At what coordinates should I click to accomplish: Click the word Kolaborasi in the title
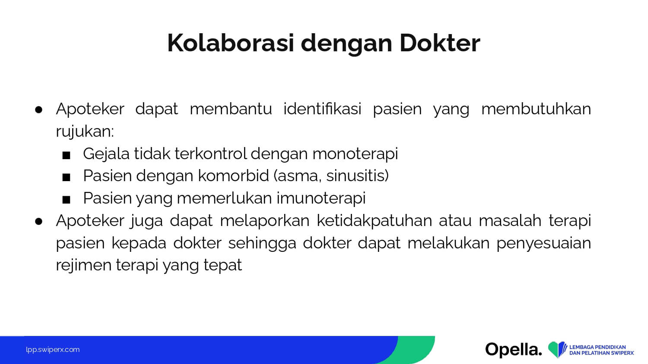(x=231, y=43)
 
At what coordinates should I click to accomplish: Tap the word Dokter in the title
(x=440, y=43)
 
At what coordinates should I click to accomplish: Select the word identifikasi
(x=322, y=109)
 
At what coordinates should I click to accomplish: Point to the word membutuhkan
(x=536, y=109)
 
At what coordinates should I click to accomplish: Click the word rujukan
(x=85, y=132)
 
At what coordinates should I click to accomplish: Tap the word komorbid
(x=233, y=176)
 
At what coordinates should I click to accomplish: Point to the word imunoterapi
(x=321, y=198)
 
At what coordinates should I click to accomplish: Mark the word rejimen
(x=84, y=266)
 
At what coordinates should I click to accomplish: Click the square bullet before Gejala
(x=66, y=155)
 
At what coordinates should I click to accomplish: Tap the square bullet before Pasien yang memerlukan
(x=66, y=200)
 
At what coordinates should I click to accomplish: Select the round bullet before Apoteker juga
(x=39, y=222)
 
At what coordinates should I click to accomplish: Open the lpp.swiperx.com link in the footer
(x=53, y=350)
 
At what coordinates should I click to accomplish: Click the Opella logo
(x=514, y=350)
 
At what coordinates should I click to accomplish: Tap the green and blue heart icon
(x=557, y=349)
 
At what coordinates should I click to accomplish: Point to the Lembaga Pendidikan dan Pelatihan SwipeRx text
(x=601, y=350)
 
